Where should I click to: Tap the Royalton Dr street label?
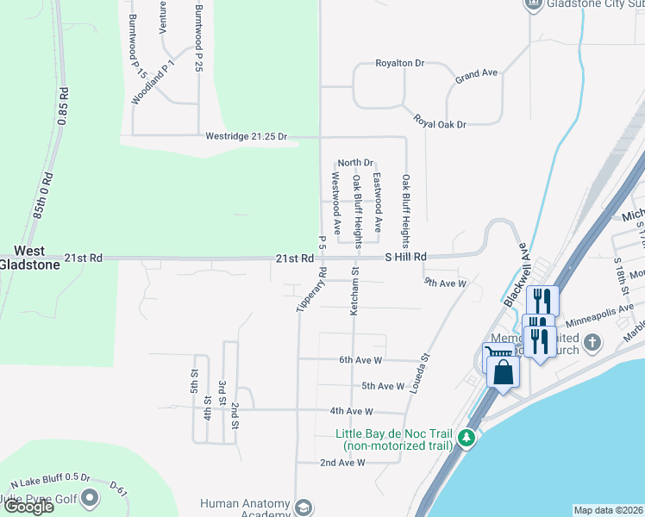[x=400, y=64]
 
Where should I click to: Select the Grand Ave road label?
[x=477, y=75]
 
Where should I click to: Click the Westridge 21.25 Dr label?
[x=246, y=136]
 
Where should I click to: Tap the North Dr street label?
[x=354, y=162]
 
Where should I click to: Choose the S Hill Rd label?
[x=405, y=257]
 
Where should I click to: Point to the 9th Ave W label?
[x=445, y=282]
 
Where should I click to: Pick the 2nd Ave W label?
[x=343, y=463]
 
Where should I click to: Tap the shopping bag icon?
[x=504, y=373]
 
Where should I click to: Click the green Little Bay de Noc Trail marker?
[x=467, y=438]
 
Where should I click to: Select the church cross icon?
[x=592, y=343]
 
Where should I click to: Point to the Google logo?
[x=28, y=507]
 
